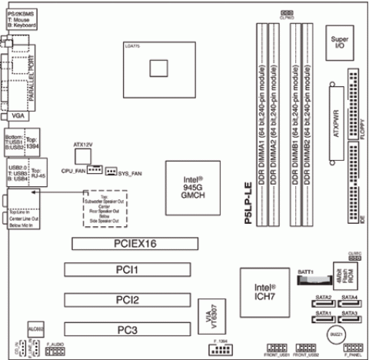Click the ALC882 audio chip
click(35, 331)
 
